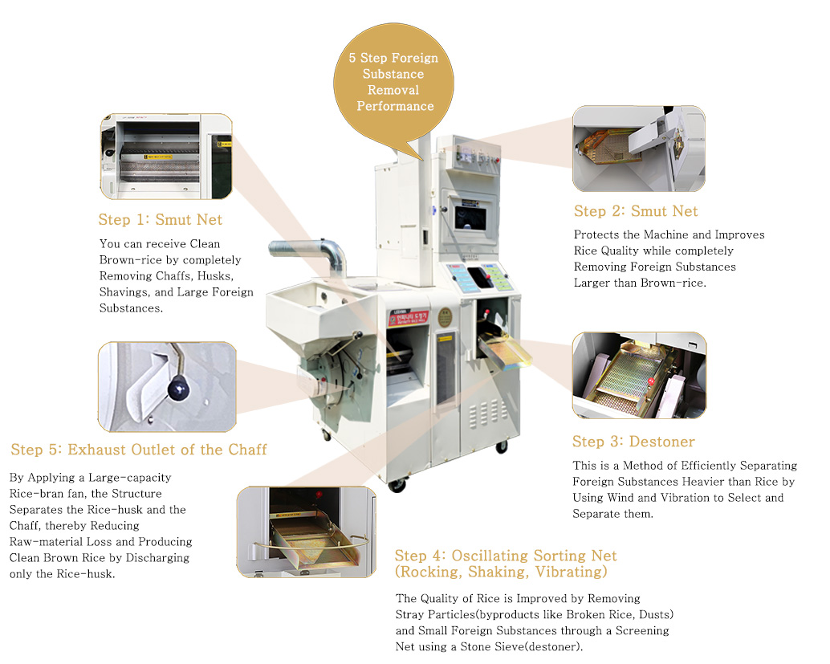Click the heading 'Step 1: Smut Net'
[161, 219]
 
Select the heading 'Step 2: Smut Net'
[636, 211]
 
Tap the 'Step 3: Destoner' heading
[633, 442]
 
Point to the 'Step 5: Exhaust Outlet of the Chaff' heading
[139, 450]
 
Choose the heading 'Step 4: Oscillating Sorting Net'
[506, 556]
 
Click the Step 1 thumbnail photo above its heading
[166, 157]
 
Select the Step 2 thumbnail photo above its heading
[639, 149]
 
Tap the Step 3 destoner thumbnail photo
[639, 375]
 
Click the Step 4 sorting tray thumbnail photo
[306, 531]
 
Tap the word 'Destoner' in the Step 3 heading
[662, 442]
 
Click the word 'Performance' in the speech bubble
[395, 106]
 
